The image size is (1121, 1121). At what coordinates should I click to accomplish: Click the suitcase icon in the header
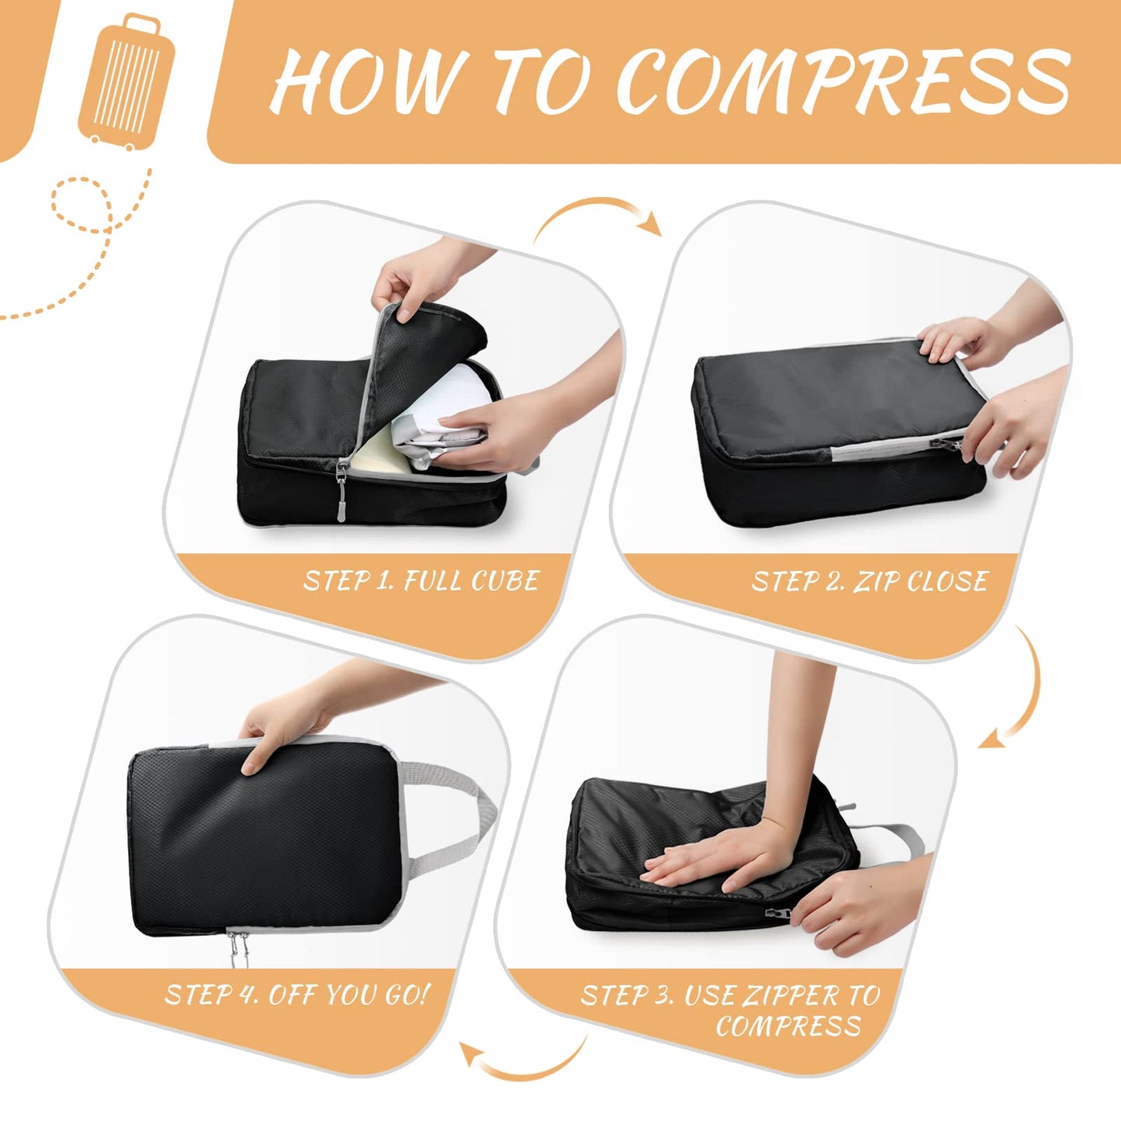(126, 81)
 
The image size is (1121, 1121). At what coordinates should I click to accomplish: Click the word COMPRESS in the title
(844, 80)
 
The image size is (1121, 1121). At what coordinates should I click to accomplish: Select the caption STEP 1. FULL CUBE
(420, 581)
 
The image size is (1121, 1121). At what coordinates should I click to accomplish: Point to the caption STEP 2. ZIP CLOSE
(869, 582)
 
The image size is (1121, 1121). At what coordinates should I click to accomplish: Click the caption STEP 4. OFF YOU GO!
(296, 995)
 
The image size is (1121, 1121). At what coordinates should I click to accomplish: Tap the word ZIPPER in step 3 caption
(791, 995)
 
